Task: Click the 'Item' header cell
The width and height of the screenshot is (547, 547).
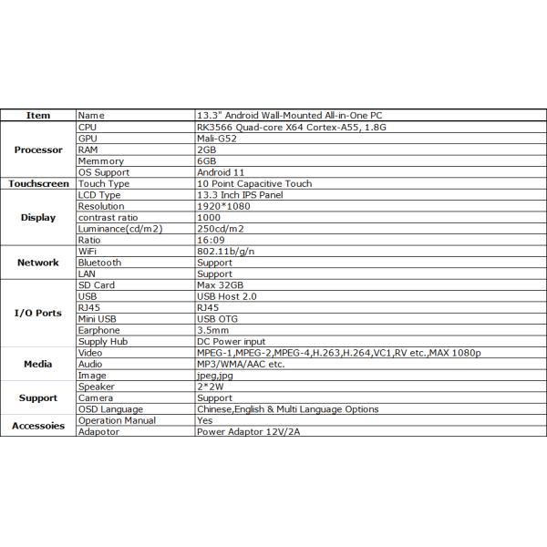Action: pyautogui.click(x=38, y=116)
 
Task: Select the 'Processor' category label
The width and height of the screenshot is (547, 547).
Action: pyautogui.click(x=38, y=150)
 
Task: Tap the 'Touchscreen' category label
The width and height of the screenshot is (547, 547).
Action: pyautogui.click(x=38, y=183)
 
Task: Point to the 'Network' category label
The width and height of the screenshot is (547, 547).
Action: pyautogui.click(x=38, y=263)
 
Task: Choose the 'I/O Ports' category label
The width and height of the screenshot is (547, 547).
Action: pyautogui.click(x=38, y=313)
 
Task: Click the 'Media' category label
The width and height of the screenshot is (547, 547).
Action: pyautogui.click(x=38, y=364)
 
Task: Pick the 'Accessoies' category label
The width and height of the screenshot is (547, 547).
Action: pyautogui.click(x=38, y=426)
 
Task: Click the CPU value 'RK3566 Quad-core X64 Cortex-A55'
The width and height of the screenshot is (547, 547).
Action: pyautogui.click(x=274, y=127)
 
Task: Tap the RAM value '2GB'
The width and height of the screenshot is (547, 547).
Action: pyautogui.click(x=207, y=149)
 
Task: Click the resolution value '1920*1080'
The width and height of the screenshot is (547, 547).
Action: pyautogui.click(x=224, y=206)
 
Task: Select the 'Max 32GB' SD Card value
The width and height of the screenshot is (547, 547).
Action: pyautogui.click(x=221, y=285)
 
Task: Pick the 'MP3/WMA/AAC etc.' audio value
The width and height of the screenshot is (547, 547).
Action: pyautogui.click(x=241, y=364)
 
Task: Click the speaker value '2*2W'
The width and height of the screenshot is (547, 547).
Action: pyautogui.click(x=211, y=387)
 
